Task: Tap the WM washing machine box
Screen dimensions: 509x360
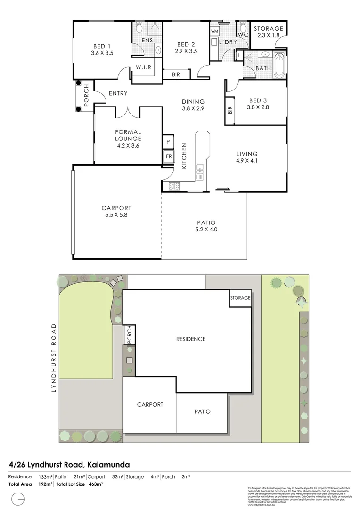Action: point(215,31)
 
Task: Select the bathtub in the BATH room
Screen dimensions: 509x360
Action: point(280,66)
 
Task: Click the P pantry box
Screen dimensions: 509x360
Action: point(168,141)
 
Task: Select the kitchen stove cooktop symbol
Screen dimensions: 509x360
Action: point(174,186)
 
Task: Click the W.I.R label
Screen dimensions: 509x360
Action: point(144,67)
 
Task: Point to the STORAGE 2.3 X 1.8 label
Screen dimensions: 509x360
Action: point(269,32)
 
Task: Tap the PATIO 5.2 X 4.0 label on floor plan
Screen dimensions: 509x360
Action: point(206,226)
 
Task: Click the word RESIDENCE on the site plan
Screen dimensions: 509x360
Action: point(191,339)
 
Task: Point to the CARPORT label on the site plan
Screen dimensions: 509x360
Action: point(150,404)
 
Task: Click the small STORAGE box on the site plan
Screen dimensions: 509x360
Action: point(240,298)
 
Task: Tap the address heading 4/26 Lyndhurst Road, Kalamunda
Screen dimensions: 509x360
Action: point(69,465)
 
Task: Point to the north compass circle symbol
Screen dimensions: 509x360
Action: point(18,498)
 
